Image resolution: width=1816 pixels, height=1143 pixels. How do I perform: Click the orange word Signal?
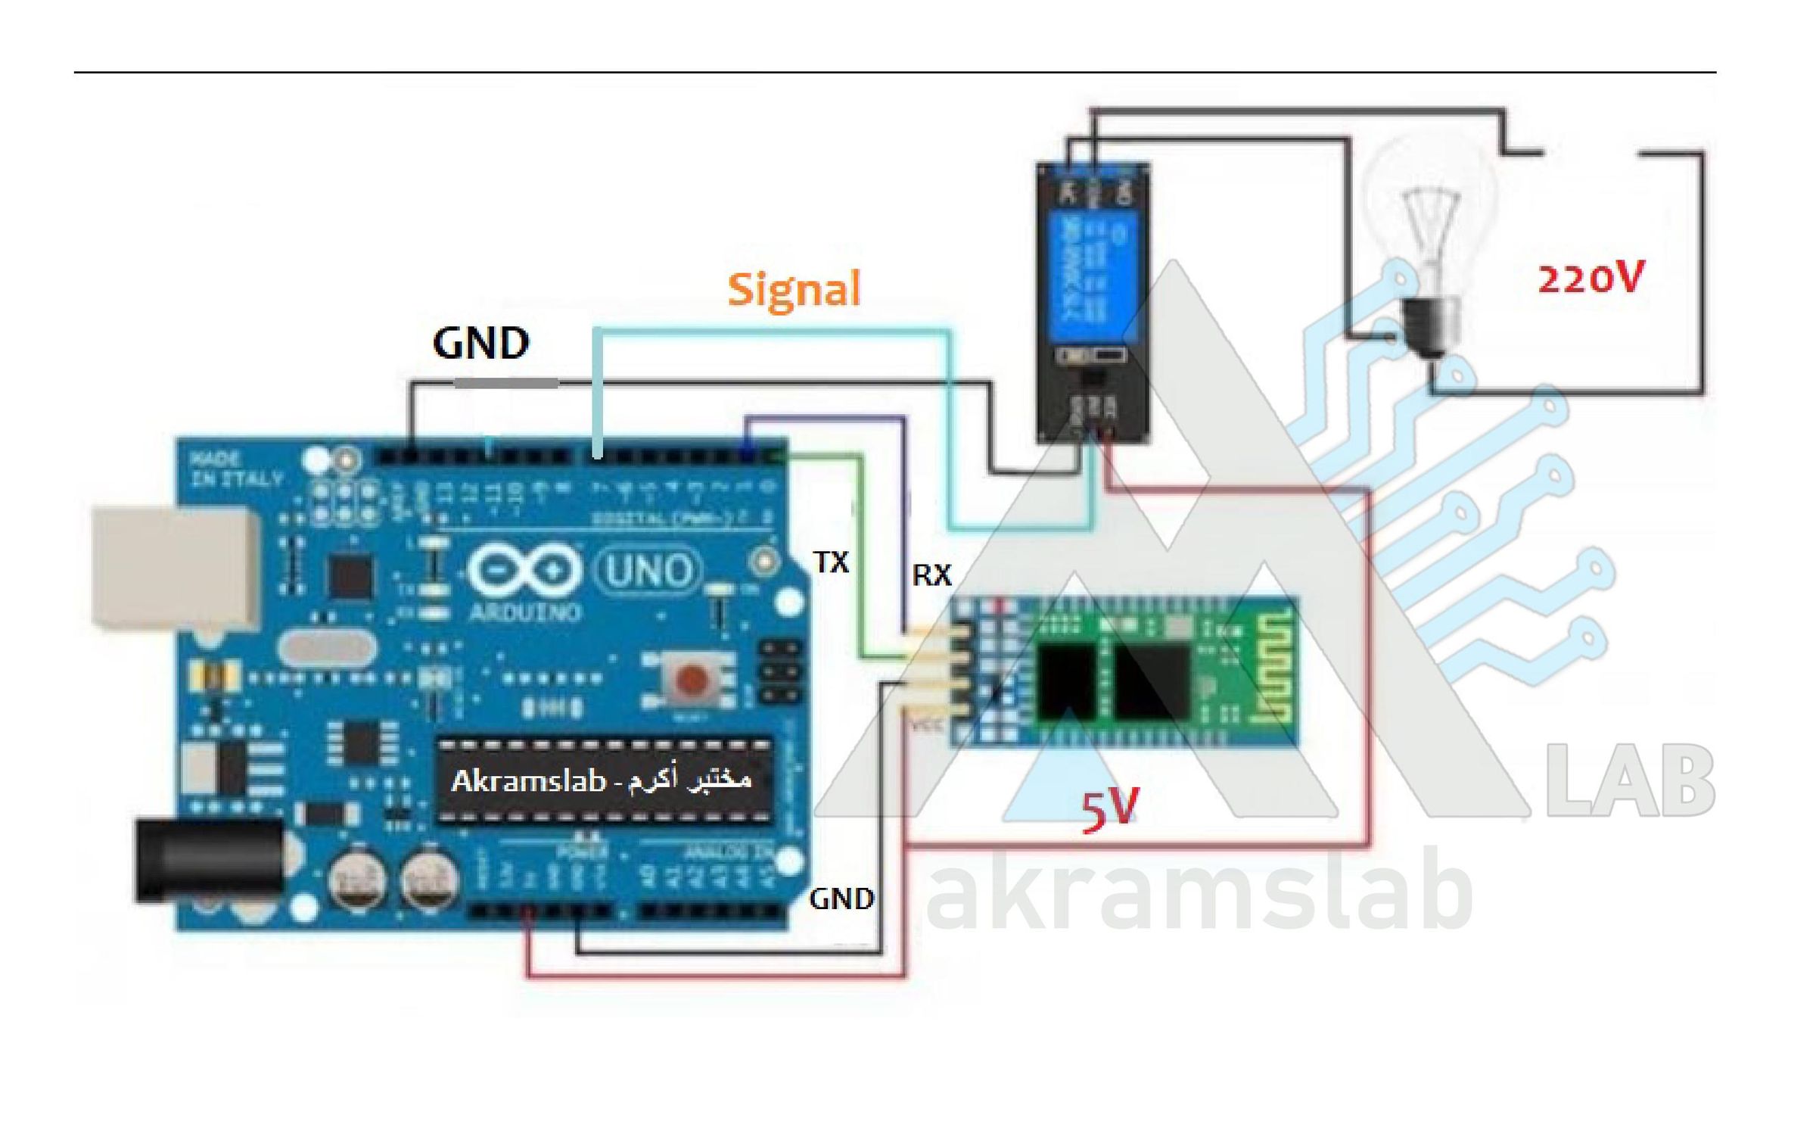click(794, 290)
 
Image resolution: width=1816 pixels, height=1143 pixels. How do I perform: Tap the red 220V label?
click(1591, 279)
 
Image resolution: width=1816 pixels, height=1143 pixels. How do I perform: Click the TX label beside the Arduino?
click(831, 562)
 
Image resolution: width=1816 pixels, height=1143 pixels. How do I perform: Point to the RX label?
click(931, 576)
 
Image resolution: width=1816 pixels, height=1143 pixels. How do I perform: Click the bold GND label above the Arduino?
click(480, 344)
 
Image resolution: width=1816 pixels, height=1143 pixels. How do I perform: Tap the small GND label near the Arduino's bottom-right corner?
click(841, 899)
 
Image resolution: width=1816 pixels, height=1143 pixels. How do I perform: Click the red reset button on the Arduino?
click(691, 679)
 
